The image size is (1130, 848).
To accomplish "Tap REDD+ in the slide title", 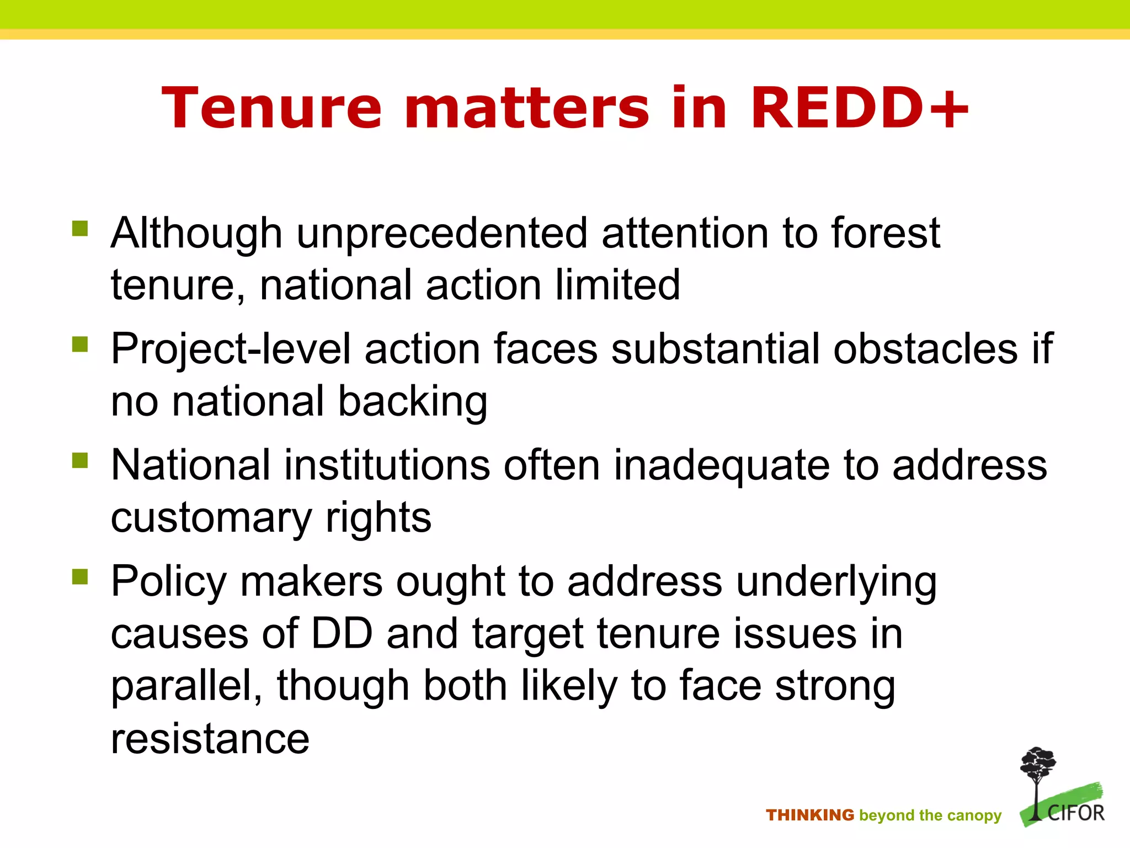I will point(859,109).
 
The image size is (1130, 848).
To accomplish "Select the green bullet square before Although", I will point(80,228).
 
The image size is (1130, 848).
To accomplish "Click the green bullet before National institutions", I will point(80,460).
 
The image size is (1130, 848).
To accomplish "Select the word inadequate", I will point(721,465).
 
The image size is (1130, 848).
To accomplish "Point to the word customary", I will point(211,519).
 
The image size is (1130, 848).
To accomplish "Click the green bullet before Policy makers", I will point(80,576).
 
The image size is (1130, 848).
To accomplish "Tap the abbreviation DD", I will point(342,634).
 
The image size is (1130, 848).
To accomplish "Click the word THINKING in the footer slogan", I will point(809,815).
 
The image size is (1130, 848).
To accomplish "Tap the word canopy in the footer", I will point(975,816).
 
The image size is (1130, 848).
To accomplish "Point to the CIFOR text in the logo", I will point(1075,813).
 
